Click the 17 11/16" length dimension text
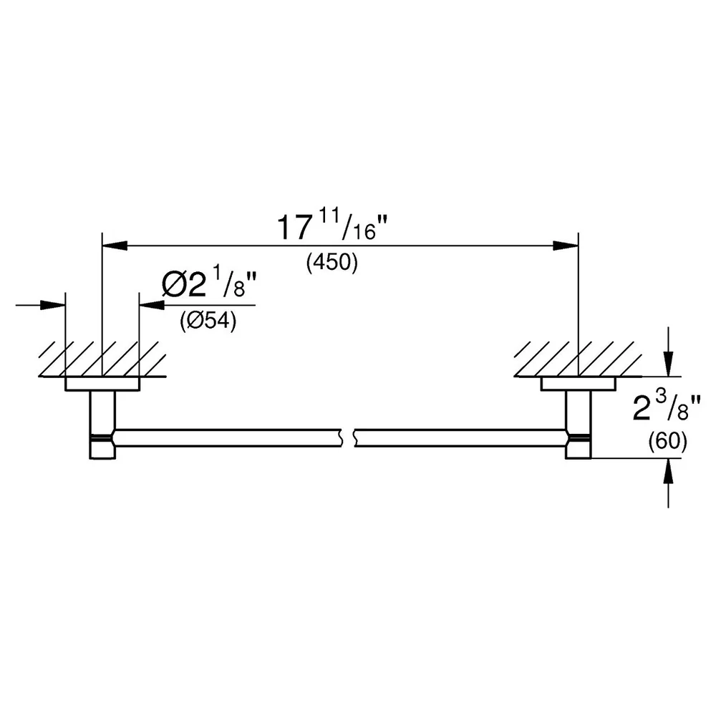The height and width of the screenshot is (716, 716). (x=333, y=226)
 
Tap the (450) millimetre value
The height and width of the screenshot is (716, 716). (x=332, y=263)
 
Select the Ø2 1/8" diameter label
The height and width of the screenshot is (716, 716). (x=209, y=284)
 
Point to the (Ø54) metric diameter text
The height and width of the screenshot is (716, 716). (x=208, y=321)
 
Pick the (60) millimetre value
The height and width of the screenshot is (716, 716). (x=667, y=441)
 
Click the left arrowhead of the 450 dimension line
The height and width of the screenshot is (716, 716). (x=115, y=246)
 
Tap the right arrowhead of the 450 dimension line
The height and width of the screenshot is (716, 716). (x=566, y=246)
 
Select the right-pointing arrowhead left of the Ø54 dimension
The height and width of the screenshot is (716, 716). (x=53, y=305)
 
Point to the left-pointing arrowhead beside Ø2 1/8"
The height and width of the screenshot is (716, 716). (x=152, y=305)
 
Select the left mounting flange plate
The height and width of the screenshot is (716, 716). (x=102, y=384)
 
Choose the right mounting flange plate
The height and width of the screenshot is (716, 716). (x=578, y=384)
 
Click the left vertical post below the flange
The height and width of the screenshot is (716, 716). (x=102, y=425)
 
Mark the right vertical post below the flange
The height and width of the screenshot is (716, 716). (x=578, y=425)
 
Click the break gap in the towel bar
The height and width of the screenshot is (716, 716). (x=348, y=438)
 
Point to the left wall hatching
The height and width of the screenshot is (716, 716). (x=102, y=359)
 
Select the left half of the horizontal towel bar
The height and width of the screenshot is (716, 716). (x=228, y=438)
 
